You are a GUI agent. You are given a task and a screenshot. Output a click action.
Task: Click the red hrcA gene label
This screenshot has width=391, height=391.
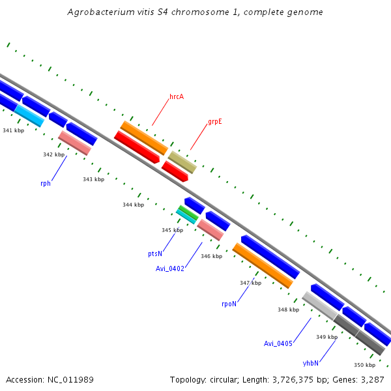(x=177, y=96)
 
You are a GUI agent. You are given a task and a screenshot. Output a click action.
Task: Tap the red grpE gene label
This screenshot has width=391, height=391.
(x=215, y=122)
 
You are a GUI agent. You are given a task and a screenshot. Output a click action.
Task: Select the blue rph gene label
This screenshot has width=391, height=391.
(x=46, y=183)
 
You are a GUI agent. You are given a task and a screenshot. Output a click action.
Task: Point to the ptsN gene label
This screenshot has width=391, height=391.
(x=154, y=253)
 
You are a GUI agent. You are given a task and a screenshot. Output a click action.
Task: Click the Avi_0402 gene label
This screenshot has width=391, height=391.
(x=170, y=268)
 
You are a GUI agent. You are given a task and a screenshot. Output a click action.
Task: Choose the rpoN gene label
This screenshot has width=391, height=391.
(x=229, y=303)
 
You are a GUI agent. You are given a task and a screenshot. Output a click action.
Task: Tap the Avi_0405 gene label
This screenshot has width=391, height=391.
(x=278, y=343)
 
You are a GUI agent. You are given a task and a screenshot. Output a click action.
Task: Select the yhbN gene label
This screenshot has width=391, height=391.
(x=311, y=362)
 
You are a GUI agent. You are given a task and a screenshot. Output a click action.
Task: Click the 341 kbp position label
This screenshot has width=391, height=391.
(x=13, y=130)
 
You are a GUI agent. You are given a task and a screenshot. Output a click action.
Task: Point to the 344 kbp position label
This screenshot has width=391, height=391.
(x=133, y=205)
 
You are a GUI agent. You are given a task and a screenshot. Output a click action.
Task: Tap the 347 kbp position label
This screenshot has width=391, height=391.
(x=250, y=283)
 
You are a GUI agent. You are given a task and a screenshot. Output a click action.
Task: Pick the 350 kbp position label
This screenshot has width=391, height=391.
(x=364, y=365)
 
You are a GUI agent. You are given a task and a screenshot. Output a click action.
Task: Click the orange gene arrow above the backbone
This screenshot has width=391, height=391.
(x=144, y=138)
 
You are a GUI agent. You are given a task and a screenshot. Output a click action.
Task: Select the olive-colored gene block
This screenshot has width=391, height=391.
(x=182, y=162)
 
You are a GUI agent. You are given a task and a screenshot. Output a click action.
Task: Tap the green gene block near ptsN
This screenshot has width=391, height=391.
(x=188, y=212)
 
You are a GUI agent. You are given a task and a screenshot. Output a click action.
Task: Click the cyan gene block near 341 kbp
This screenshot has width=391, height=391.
(x=29, y=116)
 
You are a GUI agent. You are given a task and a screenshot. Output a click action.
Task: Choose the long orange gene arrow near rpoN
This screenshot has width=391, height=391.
(x=263, y=265)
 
